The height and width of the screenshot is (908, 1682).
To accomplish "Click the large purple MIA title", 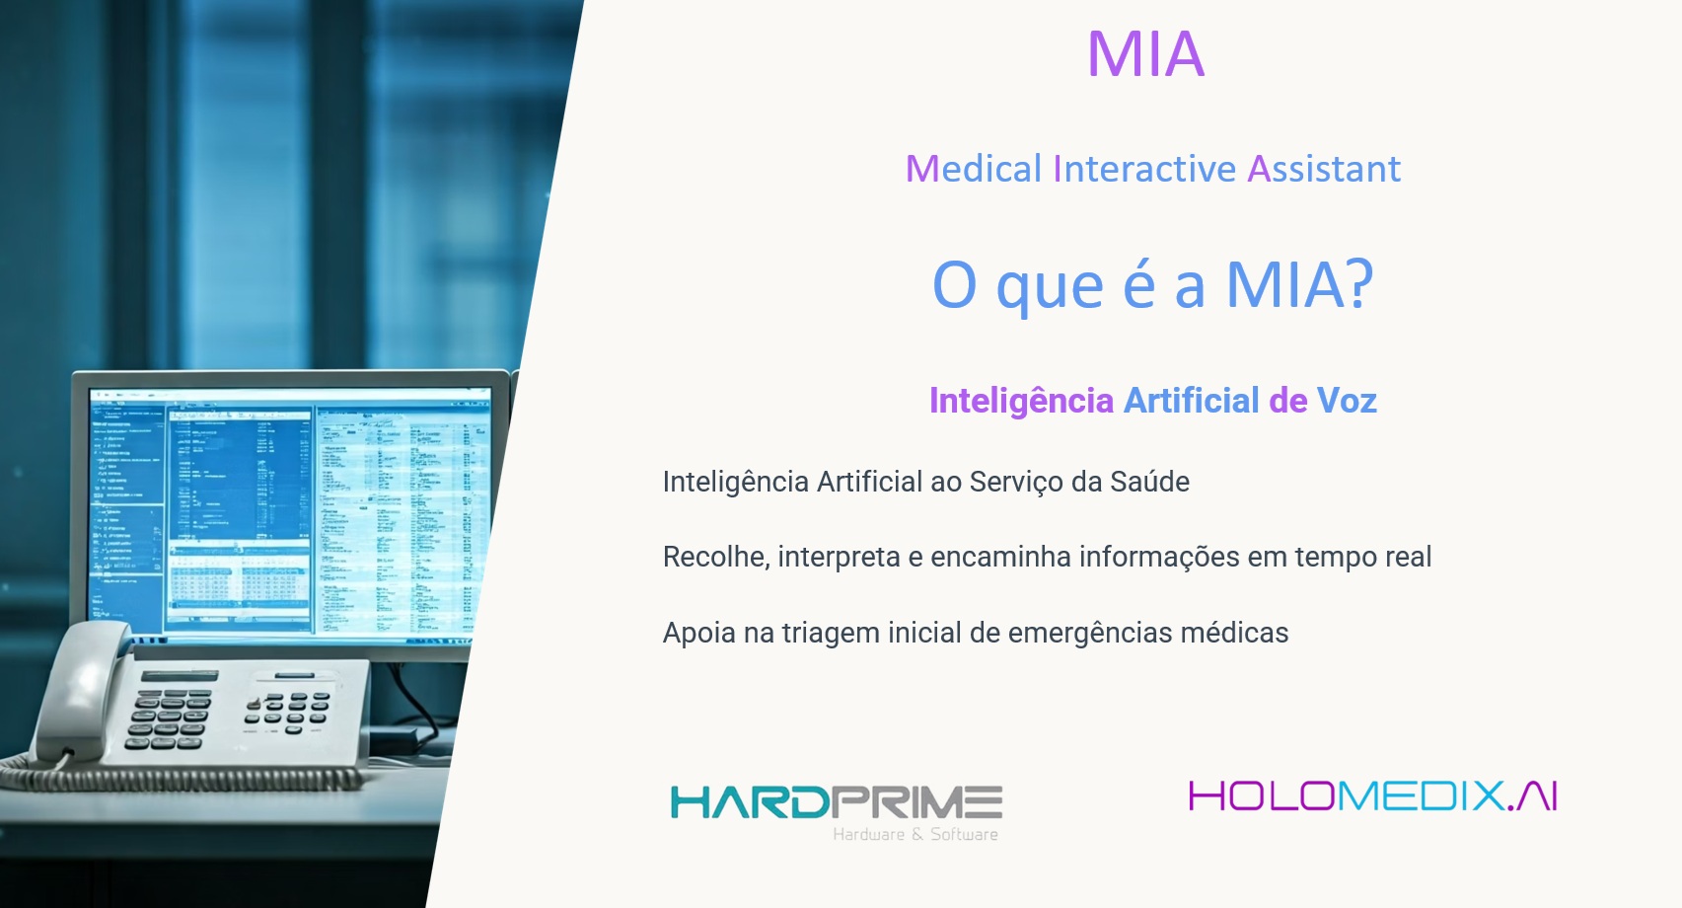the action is (x=1146, y=54).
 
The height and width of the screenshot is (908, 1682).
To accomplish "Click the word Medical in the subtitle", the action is (x=974, y=168).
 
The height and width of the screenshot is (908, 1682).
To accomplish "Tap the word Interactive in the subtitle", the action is (x=1144, y=168).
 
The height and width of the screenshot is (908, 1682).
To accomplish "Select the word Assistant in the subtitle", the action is (x=1325, y=168).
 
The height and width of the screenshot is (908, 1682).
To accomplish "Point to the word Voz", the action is (x=1348, y=401).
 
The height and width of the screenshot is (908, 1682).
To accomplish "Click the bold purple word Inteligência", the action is (x=1021, y=402).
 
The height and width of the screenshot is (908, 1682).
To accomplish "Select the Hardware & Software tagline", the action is (x=915, y=834).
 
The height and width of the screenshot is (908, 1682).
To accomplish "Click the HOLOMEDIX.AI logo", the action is (x=1373, y=796).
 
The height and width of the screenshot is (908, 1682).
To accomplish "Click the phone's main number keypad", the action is (x=169, y=719).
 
